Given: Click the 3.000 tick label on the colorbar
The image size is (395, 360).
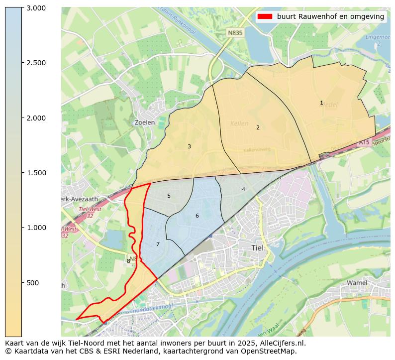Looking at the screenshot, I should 36,8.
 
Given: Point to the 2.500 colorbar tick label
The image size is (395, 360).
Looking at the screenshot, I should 36,63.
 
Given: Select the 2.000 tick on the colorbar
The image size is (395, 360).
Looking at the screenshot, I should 36,118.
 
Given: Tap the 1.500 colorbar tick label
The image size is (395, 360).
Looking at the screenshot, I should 36,173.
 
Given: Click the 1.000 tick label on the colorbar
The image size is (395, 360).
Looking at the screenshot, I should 36,228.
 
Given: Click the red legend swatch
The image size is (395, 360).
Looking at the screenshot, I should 265,16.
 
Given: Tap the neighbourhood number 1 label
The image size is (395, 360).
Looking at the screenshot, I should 321,103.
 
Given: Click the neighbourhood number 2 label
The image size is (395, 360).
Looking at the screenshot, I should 258,127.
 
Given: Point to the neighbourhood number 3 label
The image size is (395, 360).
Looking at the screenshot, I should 189,146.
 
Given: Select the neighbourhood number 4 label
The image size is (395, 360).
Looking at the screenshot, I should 243,189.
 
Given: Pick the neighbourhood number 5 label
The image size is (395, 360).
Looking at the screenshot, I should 169,196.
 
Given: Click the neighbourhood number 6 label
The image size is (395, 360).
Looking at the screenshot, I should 197,216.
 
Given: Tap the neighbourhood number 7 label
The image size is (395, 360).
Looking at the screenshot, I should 158,244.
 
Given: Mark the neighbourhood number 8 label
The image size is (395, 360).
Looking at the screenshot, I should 128,261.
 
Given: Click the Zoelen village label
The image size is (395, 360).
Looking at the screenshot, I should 145,122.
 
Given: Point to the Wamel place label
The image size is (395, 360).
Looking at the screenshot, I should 357,283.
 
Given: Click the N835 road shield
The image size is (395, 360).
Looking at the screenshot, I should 234,33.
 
